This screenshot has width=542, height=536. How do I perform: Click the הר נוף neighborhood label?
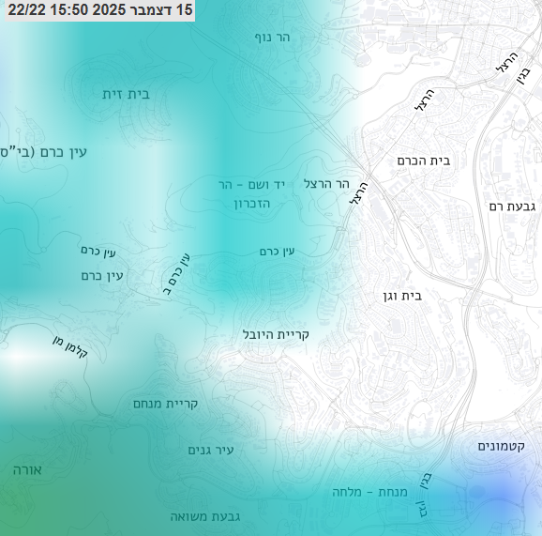[x=273, y=38]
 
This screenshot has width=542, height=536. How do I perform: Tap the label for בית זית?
[x=127, y=94]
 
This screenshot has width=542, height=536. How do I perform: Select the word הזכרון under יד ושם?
[x=237, y=204]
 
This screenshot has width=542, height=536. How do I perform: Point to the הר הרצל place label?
[x=326, y=183]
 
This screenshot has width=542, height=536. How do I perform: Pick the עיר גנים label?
[x=211, y=451]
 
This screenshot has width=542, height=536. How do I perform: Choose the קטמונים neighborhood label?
[x=506, y=446]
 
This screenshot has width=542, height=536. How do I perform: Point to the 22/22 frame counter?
[x=23, y=9]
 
